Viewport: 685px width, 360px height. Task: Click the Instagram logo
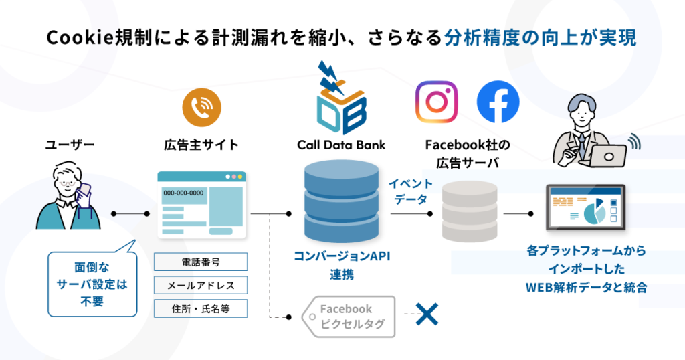[x=437, y=102]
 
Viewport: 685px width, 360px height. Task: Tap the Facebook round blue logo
[x=498, y=102]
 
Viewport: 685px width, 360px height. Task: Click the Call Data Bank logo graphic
[x=341, y=100]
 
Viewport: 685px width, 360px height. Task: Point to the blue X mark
[x=426, y=313]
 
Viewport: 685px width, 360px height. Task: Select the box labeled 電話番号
[x=201, y=262]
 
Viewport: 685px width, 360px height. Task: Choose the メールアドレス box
[x=201, y=286]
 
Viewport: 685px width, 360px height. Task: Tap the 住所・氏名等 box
[x=201, y=308]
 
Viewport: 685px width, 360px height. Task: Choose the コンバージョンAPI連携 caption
[x=341, y=264]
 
